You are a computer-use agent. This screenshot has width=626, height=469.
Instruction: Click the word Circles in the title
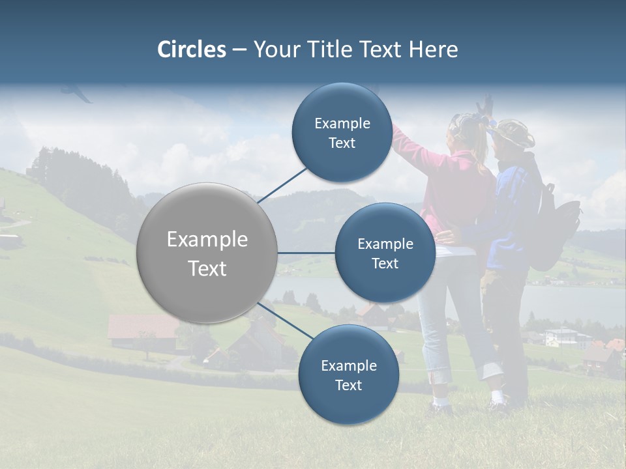coord(191,50)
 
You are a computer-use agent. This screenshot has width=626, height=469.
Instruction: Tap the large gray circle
coord(207,253)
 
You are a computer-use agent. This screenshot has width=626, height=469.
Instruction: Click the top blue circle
coord(342,133)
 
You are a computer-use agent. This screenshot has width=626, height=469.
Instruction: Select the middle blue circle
coord(385,253)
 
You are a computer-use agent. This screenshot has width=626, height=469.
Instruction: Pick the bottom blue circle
coord(348,375)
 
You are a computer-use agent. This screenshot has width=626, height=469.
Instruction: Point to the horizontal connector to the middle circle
coord(306,253)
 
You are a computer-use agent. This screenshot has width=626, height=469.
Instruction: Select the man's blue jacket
coord(515,208)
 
